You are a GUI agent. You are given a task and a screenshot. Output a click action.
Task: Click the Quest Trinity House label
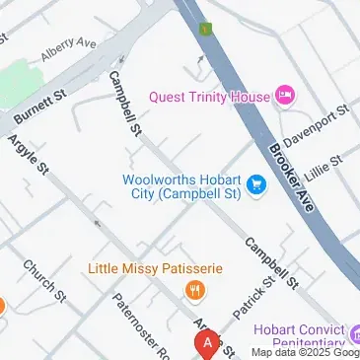[208, 96]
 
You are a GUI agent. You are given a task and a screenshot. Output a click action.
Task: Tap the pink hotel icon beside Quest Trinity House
[286, 96]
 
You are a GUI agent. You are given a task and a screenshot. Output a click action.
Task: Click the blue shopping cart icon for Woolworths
[257, 185]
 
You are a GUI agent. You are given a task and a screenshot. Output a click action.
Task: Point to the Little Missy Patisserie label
[156, 268]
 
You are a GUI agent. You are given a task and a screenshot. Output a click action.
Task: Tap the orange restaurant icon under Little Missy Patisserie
[195, 289]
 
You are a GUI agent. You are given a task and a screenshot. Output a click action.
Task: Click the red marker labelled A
[207, 344]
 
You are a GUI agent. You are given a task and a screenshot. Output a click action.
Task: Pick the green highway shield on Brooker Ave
[206, 29]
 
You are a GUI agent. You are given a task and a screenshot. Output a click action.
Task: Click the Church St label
[44, 282]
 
